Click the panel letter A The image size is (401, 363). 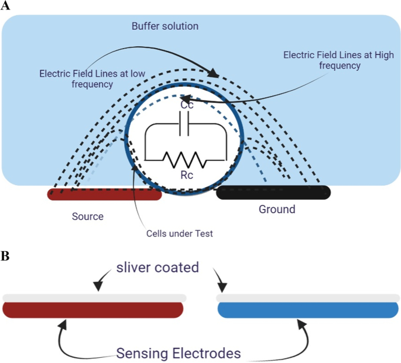(5, 5)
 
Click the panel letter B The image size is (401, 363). (5, 256)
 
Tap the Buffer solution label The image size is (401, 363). (165, 26)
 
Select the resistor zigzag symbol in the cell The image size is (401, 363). (184, 160)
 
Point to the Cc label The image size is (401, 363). (187, 105)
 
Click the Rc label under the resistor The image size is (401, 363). (187, 175)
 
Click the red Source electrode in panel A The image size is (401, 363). (104, 194)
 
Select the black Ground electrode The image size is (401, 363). (273, 193)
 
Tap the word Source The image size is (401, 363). (88, 217)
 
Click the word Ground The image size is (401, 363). (277, 209)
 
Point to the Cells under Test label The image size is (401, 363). (180, 234)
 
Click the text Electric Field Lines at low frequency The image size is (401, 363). (92, 79)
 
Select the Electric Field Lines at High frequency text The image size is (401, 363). (338, 60)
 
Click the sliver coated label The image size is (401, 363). (157, 268)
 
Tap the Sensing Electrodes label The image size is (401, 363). (179, 353)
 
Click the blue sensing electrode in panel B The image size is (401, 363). (308, 310)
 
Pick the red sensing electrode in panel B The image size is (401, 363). (93, 310)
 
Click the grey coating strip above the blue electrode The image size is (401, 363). (308, 298)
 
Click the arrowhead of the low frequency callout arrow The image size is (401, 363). (214, 73)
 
